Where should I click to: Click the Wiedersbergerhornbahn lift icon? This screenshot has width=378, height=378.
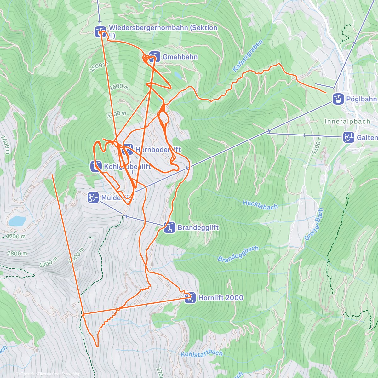tap(100, 31)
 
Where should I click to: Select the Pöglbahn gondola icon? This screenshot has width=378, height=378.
tap(338, 99)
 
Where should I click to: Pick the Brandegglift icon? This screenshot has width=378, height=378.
tap(169, 227)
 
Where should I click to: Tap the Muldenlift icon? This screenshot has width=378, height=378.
tap(93, 198)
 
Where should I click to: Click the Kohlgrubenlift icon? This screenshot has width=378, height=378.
tap(96, 166)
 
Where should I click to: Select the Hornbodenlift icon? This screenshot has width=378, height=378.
tap(128, 149)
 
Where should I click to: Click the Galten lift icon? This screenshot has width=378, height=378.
tap(348, 137)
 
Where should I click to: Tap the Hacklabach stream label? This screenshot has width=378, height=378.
tap(260, 205)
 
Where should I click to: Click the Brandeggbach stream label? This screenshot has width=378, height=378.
tap(238, 254)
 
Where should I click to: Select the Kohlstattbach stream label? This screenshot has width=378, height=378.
tap(202, 353)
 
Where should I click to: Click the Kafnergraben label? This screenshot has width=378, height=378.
tap(248, 55)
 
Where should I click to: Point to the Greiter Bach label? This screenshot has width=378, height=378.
tap(314, 224)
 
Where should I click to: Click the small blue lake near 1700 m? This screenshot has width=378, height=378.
tap(16, 221)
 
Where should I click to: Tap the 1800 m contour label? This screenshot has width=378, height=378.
tap(17, 253)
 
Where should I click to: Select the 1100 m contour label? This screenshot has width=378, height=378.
tap(317, 146)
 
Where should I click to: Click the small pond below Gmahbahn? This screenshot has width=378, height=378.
tap(178, 75)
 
